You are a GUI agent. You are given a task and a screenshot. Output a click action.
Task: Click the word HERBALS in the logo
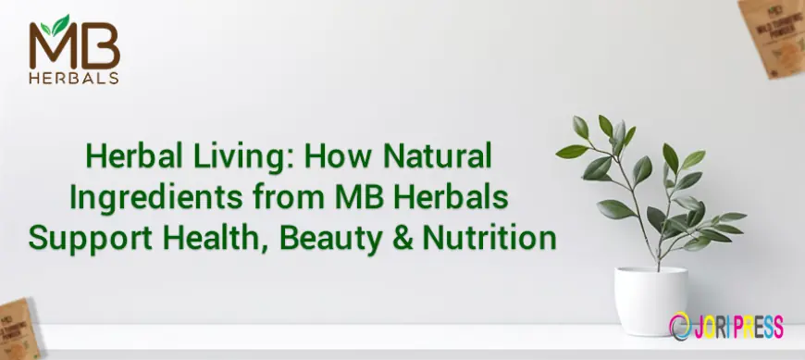point(74,79)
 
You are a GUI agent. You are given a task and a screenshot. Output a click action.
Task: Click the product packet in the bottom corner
point(19,328)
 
